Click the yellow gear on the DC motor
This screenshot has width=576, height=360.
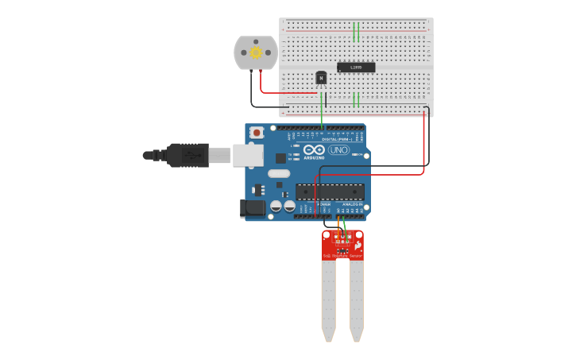[256, 52]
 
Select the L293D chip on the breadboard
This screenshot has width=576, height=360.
[356, 68]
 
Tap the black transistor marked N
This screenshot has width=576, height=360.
[321, 78]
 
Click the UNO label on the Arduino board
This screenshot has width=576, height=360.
[339, 149]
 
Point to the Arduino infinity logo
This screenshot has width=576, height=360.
[314, 149]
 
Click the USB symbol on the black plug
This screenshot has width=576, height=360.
[191, 155]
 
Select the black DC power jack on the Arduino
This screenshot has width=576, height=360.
[253, 208]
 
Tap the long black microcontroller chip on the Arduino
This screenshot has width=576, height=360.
[330, 192]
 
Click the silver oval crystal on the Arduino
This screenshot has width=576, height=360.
[279, 173]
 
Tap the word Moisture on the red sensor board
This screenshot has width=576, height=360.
[341, 256]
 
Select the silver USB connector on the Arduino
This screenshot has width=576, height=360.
[248, 155]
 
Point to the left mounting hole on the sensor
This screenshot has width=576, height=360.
[327, 235]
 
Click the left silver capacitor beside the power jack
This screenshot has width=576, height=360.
[276, 206]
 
